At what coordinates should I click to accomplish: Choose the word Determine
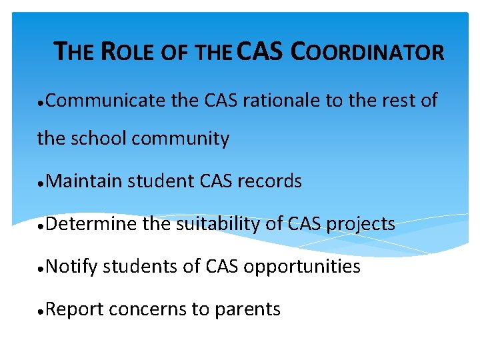coord(93,224)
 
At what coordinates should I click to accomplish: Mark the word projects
coord(360,225)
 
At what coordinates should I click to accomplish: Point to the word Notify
coord(73,267)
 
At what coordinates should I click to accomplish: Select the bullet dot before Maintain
coord(41,182)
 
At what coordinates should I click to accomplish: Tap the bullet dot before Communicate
coord(41,102)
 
